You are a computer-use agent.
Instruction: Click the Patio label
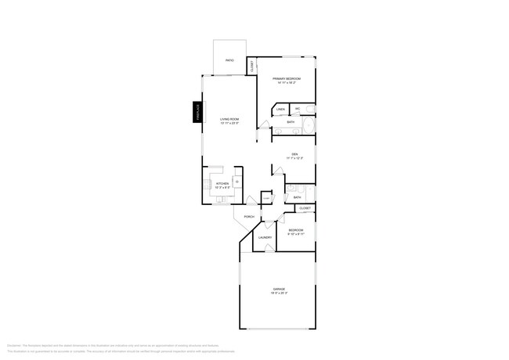tap(230, 60)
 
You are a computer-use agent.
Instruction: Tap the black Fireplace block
tap(199, 113)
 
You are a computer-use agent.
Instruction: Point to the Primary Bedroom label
tap(286, 78)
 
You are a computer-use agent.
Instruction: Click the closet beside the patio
tap(251, 67)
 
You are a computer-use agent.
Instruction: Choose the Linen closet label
tap(281, 109)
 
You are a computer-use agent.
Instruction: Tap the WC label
tap(298, 109)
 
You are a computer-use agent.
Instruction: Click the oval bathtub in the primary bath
tap(308, 126)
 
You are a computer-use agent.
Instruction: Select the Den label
tap(294, 153)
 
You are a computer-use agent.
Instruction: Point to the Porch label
tap(249, 217)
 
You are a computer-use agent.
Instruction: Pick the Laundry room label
tap(265, 237)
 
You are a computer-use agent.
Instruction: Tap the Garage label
tap(280, 289)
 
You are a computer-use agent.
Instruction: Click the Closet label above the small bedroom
tap(305, 208)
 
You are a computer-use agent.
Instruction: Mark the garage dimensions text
tap(280, 293)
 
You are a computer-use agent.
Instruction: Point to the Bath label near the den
tap(298, 197)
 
